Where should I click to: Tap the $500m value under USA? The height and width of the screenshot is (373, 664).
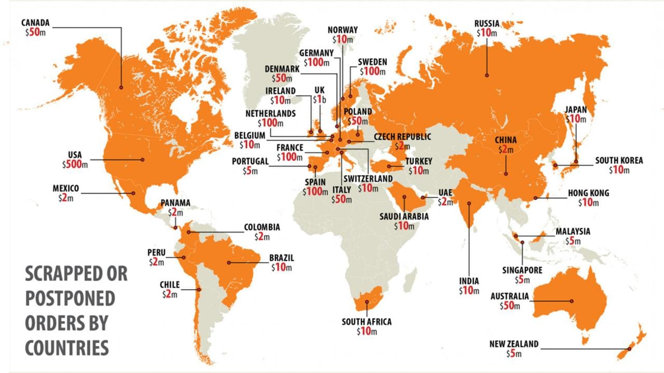tap(75, 165)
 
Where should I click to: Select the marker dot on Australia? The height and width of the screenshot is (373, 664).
tap(572, 301)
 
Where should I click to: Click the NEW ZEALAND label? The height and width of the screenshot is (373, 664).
tap(514, 344)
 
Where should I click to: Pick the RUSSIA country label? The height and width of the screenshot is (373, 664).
tap(487, 23)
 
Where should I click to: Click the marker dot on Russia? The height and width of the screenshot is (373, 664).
tap(487, 75)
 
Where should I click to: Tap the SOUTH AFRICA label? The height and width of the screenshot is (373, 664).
tap(366, 322)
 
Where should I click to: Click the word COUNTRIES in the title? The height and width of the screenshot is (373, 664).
tap(67, 347)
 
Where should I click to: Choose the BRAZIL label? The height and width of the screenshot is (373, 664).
tap(282, 257)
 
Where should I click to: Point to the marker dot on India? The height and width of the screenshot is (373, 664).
tap(469, 203)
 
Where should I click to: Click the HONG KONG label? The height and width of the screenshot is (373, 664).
tap(588, 193)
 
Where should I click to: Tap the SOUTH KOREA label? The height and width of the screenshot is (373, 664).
tap(618, 161)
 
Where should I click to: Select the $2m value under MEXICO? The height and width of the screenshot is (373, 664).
tap(67, 198)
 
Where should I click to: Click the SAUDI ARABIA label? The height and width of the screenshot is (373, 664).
tap(404, 217)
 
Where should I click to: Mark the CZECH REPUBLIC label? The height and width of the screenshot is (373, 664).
tap(403, 137)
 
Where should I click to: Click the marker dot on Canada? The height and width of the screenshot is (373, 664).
tap(121, 88)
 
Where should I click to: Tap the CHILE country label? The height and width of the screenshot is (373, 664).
tap(170, 285)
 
